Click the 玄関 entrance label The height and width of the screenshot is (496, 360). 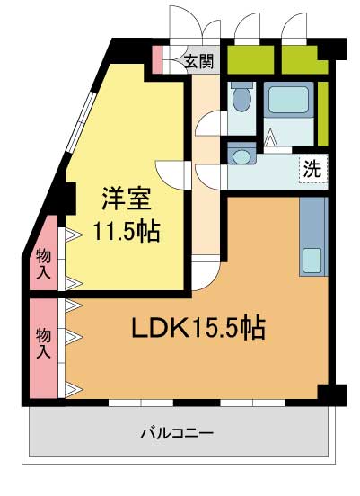coord(199,62)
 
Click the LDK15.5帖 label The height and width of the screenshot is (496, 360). coord(199,329)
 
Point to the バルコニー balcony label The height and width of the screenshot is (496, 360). coord(176,433)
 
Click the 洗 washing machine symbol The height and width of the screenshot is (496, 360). coord(312,167)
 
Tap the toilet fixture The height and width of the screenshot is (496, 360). coord(240,97)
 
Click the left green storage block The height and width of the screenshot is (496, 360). coord(249,60)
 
